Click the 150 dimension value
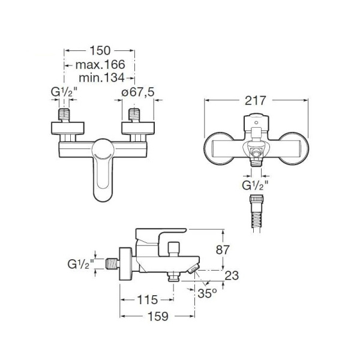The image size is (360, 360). (100, 50)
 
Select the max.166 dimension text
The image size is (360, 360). (100, 65)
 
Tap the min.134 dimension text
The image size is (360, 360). (101, 78)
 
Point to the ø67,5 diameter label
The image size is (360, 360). (138, 92)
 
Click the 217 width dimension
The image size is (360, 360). (255, 100)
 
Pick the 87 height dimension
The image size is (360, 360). (223, 250)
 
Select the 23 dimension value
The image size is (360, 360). (232, 275)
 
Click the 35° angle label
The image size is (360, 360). (207, 293)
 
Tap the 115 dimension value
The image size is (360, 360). (148, 299)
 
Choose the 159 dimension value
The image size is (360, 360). (158, 316)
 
